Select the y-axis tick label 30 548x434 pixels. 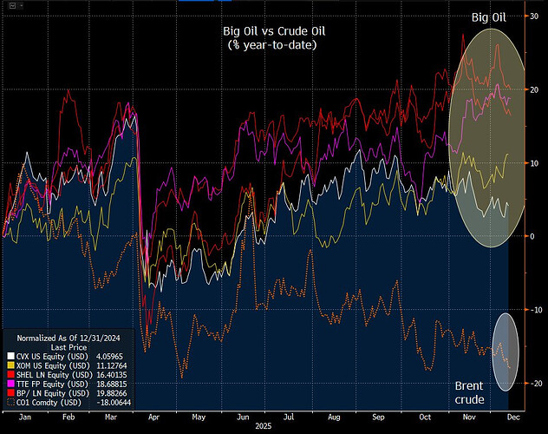tap(534, 16)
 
